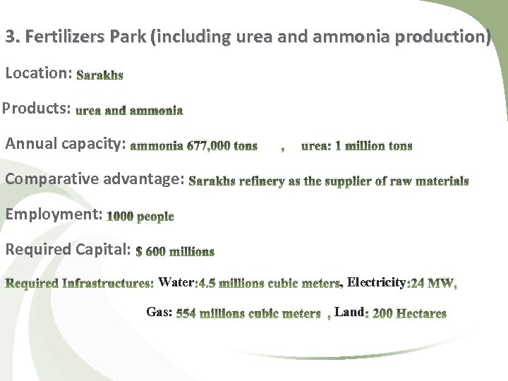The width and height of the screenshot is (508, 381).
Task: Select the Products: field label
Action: [x=37, y=109]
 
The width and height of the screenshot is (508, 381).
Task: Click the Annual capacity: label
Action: [x=66, y=144]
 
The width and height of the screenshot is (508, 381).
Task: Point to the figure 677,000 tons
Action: [x=222, y=146]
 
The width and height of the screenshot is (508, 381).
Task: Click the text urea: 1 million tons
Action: [x=356, y=146]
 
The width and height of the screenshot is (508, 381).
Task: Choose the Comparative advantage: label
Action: [x=95, y=179]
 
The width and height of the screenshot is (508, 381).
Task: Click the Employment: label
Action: [x=54, y=214]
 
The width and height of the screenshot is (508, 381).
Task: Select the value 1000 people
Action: [x=140, y=217]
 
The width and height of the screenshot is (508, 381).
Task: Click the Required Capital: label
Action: [x=68, y=249]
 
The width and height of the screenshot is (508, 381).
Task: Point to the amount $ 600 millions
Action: [x=175, y=251]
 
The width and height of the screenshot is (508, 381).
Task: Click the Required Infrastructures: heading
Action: [x=80, y=284]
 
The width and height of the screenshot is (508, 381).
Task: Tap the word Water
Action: [x=176, y=283]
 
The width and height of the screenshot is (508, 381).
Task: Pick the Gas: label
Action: [x=159, y=311]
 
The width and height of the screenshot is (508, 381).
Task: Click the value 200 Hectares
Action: [x=409, y=313]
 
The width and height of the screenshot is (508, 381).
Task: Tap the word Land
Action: [x=349, y=311]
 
